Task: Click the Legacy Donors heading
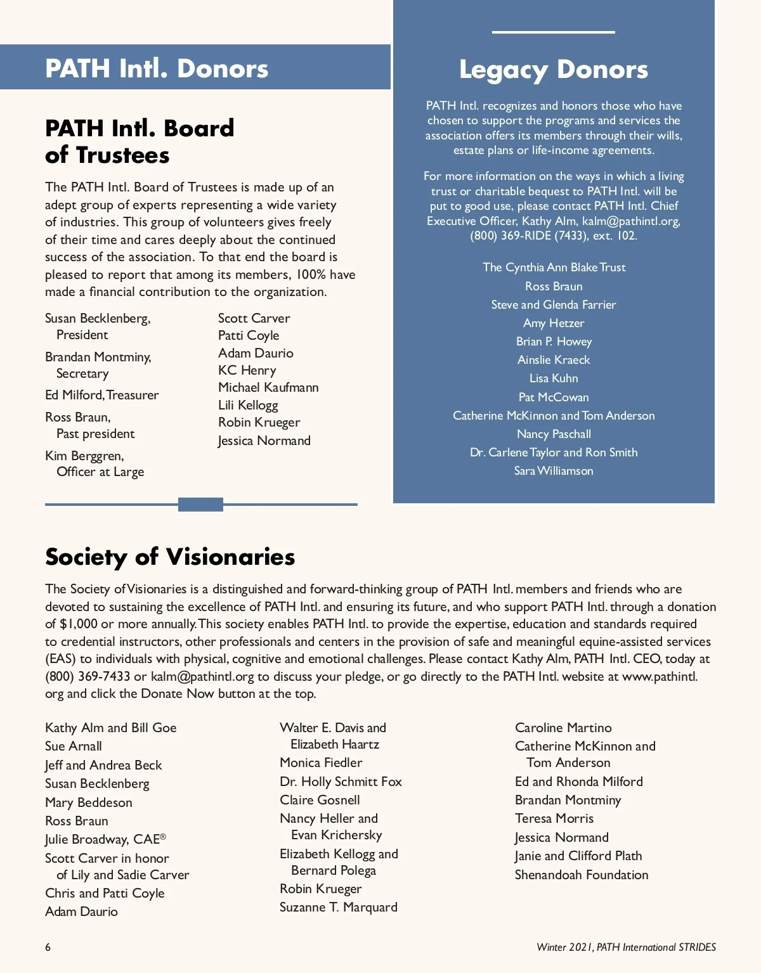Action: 553,70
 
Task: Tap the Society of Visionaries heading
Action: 170,557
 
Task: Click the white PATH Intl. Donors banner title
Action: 157,68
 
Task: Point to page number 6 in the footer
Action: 48,947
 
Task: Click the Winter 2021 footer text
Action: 626,947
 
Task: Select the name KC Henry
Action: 247,370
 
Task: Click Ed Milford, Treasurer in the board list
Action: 101,395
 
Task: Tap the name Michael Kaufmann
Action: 268,387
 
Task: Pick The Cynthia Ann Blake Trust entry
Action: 554,267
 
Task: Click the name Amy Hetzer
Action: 554,323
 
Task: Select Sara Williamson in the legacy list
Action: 554,471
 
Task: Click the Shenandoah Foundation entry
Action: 582,875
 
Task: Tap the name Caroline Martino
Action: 563,728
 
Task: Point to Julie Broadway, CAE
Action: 105,839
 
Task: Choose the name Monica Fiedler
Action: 321,763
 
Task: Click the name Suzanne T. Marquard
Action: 338,907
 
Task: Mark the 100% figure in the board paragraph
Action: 311,274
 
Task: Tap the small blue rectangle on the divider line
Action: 200,505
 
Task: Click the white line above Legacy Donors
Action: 553,32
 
